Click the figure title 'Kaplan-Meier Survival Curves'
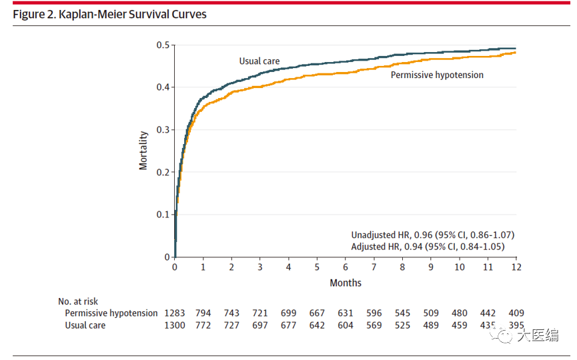133,15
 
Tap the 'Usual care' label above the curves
259,61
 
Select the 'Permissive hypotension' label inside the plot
437,75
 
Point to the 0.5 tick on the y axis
163,45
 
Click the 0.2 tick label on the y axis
163,172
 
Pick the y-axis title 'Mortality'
143,151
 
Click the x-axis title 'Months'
346,283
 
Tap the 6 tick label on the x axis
346,267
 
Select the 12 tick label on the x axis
516,267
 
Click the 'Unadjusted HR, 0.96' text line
433,235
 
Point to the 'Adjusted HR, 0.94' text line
428,247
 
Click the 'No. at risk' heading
78,301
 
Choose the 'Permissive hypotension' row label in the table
111,313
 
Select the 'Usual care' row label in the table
85,325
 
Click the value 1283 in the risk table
174,313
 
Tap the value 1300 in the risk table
174,325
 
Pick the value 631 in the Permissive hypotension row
346,313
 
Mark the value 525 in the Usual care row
403,325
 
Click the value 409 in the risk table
516,313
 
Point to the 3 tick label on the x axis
259,267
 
